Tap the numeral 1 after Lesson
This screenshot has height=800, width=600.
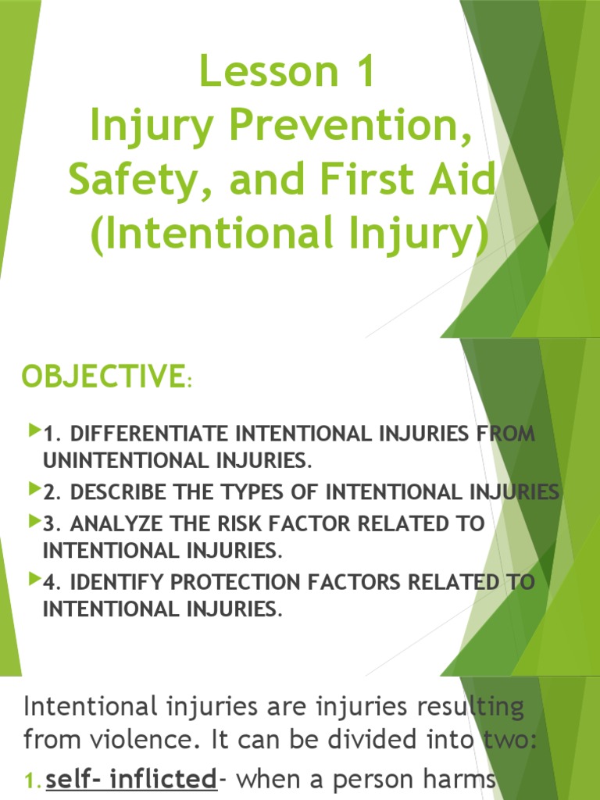[359, 71]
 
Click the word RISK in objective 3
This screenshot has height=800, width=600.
[259, 523]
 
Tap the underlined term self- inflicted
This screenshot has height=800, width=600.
[130, 779]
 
